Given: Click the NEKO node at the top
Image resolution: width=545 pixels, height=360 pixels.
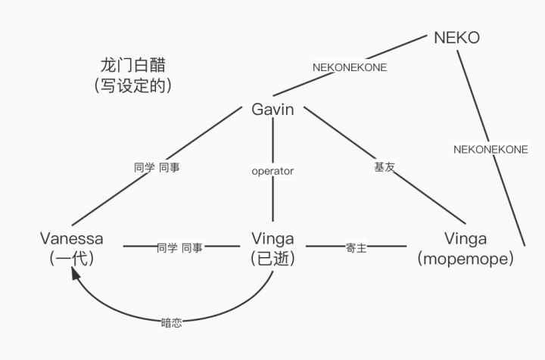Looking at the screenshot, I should tap(456, 37).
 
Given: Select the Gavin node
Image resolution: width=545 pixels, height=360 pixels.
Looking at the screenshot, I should tap(272, 110).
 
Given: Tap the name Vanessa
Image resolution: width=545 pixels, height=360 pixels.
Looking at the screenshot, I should tap(72, 239).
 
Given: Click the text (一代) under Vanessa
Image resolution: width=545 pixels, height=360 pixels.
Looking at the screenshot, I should tap(71, 258).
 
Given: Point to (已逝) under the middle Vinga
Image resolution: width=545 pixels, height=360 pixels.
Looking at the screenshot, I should tap(272, 258).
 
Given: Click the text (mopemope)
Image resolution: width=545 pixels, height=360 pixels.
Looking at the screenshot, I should tap(466, 258).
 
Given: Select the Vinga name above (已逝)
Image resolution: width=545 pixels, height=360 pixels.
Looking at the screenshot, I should tap(272, 239).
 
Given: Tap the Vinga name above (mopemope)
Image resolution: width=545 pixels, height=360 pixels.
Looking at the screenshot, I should tap(466, 239).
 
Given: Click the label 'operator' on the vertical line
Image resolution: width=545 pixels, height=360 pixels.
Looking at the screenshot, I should tap(272, 171).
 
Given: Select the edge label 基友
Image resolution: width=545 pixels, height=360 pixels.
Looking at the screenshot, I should tap(384, 167).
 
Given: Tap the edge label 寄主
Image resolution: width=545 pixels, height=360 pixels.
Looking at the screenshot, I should tap(356, 247).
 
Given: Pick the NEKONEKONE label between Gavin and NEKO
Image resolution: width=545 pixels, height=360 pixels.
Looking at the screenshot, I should tap(350, 67).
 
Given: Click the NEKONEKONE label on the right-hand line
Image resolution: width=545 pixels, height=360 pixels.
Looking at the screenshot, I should tap(490, 149).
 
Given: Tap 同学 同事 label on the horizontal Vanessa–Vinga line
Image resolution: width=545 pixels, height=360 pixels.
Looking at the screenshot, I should tap(179, 247).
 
